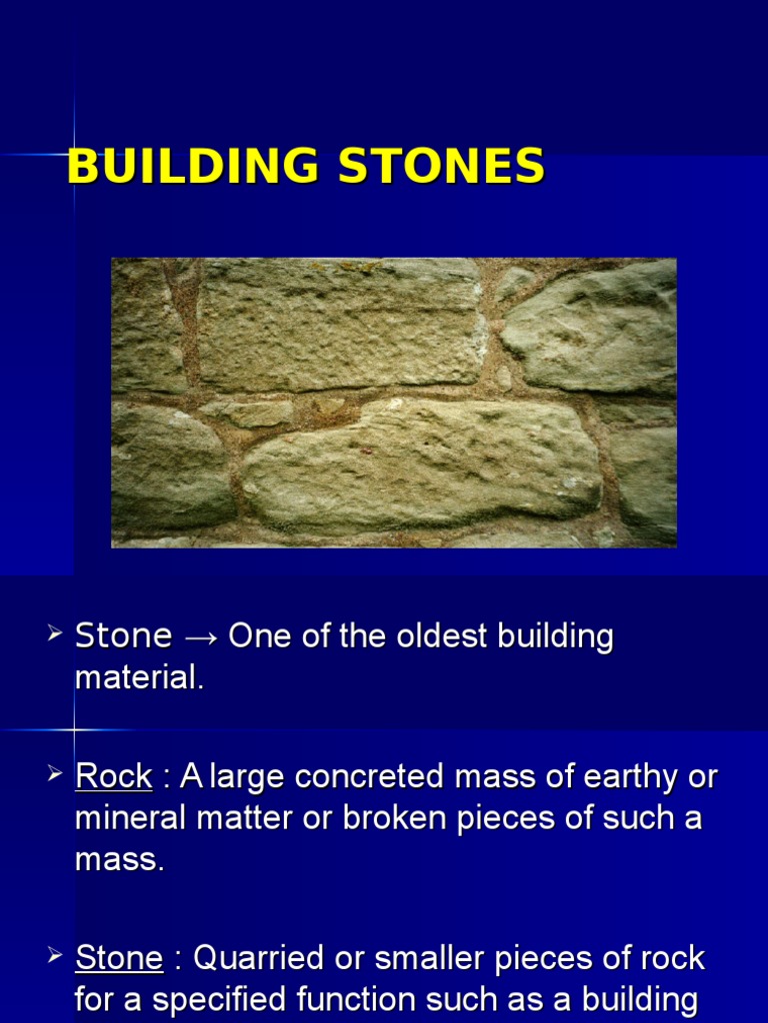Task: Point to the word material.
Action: point(139,678)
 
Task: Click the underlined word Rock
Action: point(113,776)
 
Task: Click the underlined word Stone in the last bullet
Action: point(119,959)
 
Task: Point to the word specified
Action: point(245,1000)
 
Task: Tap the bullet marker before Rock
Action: point(56,774)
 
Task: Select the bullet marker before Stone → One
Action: point(56,634)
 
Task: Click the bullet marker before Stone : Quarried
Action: point(56,957)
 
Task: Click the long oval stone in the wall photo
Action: point(420,465)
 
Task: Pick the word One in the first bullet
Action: point(258,636)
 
